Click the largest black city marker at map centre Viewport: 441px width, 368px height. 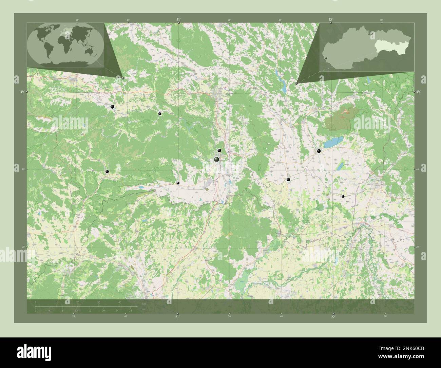click(x=216, y=159)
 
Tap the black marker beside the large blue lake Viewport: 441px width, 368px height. click(x=319, y=151)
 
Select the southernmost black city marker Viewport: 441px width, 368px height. click(x=343, y=196)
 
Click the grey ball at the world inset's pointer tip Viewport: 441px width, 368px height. click(x=123, y=78)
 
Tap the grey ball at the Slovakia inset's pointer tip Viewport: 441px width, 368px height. click(x=296, y=83)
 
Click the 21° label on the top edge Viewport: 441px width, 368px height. click(x=178, y=20)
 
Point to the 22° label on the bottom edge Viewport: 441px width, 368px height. click(x=333, y=317)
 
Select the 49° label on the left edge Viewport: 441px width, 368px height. click(x=22, y=92)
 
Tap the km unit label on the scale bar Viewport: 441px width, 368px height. click(x=144, y=304)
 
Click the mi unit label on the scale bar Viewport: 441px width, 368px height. click(x=144, y=309)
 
